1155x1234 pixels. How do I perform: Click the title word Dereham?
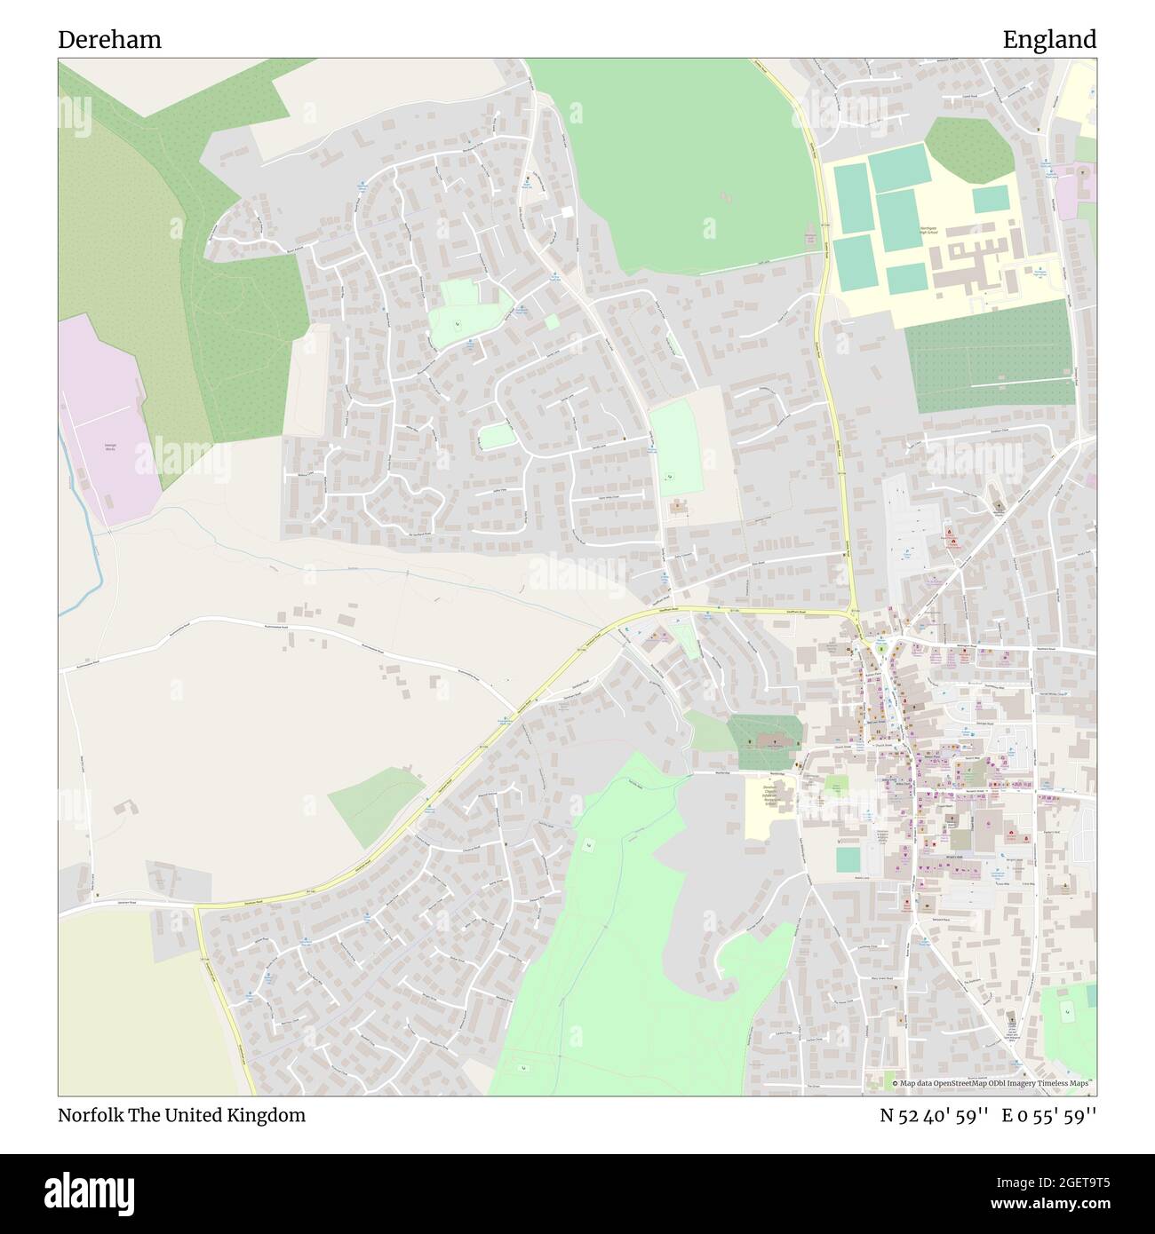point(109,39)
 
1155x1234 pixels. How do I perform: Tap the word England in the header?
point(1049,39)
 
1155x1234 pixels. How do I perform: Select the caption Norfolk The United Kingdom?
point(181,1115)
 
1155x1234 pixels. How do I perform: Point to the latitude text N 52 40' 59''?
point(935,1115)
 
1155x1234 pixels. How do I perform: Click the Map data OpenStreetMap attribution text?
point(994,1083)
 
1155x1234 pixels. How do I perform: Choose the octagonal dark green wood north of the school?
point(968,147)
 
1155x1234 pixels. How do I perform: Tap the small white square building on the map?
point(567,211)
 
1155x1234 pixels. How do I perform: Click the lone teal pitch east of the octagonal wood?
point(990,200)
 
